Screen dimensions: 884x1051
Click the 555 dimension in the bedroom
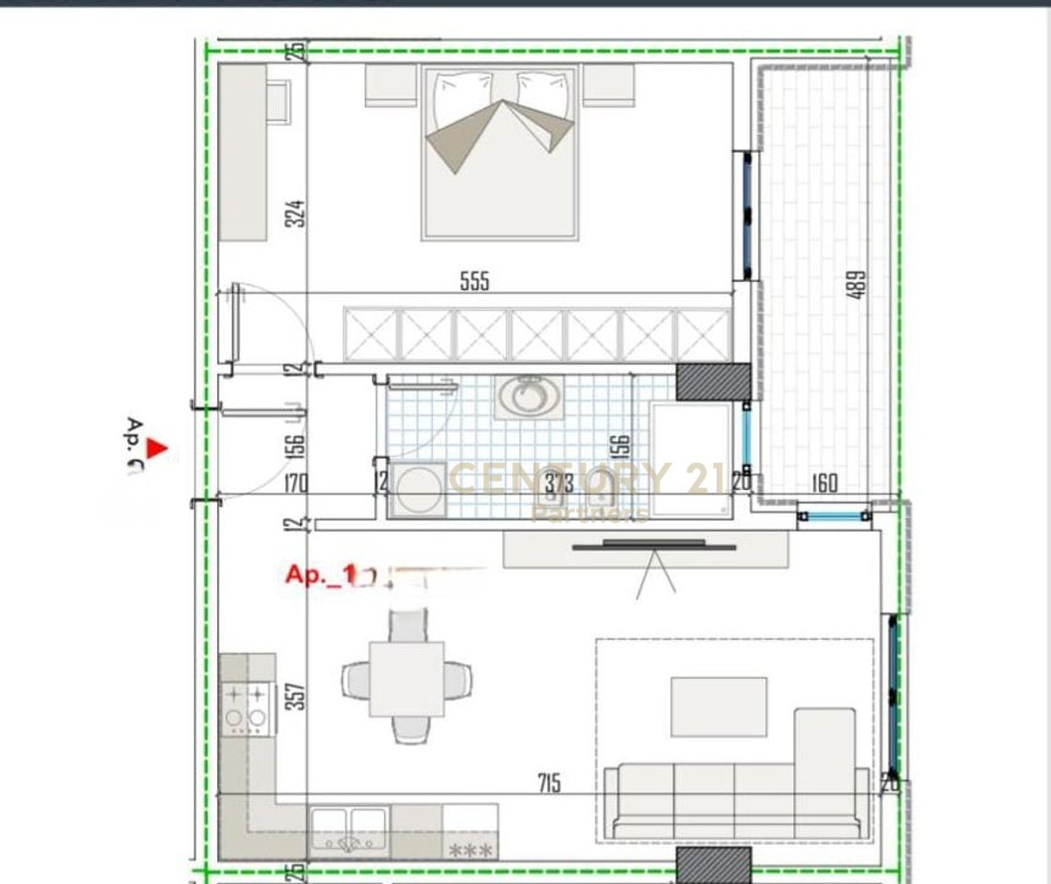[x=474, y=282]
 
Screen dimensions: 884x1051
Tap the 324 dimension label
[x=295, y=214]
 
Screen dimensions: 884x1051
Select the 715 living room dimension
[x=550, y=784]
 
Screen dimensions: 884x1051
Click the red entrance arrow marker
[x=158, y=448]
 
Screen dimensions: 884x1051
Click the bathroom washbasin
[x=528, y=396]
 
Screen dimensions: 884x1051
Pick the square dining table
[x=407, y=679]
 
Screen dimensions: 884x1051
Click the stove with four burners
[x=248, y=708]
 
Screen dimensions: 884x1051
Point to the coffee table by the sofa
[x=718, y=706]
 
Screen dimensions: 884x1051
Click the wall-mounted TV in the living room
[x=654, y=547]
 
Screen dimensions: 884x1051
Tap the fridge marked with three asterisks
[x=471, y=833]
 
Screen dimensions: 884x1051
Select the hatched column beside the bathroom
[x=714, y=380]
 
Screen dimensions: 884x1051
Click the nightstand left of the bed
[x=391, y=85]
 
